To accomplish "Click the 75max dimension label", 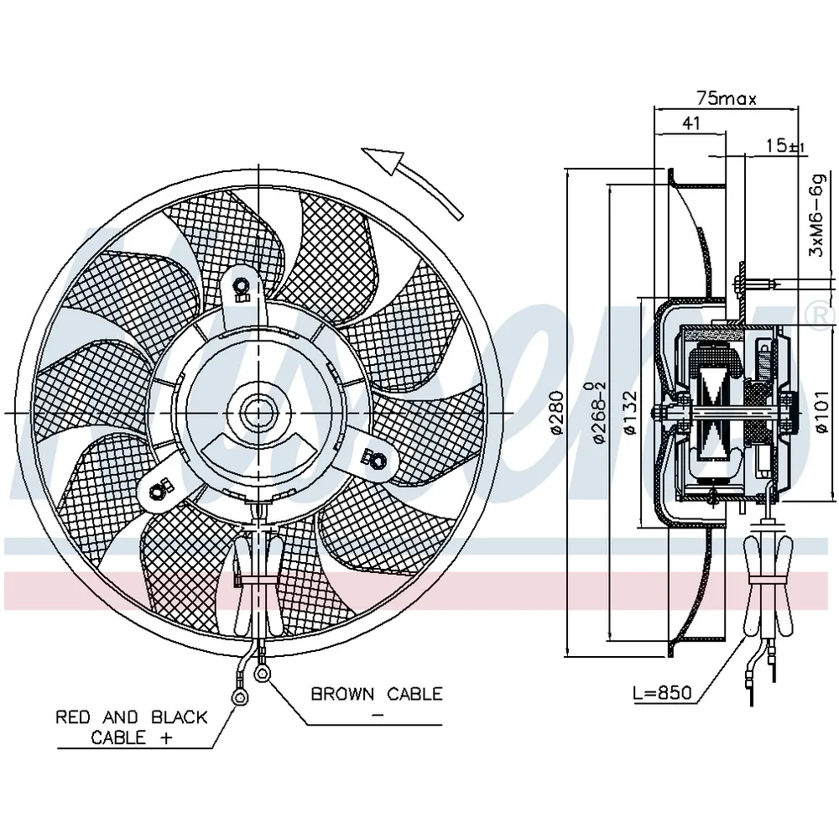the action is click(x=726, y=98).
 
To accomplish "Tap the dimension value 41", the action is click(x=691, y=123).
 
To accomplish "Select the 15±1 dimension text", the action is click(x=785, y=145).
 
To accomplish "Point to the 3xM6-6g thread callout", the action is click(x=819, y=215).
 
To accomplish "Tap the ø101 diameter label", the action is click(x=822, y=413).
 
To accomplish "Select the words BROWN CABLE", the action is click(x=377, y=694).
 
